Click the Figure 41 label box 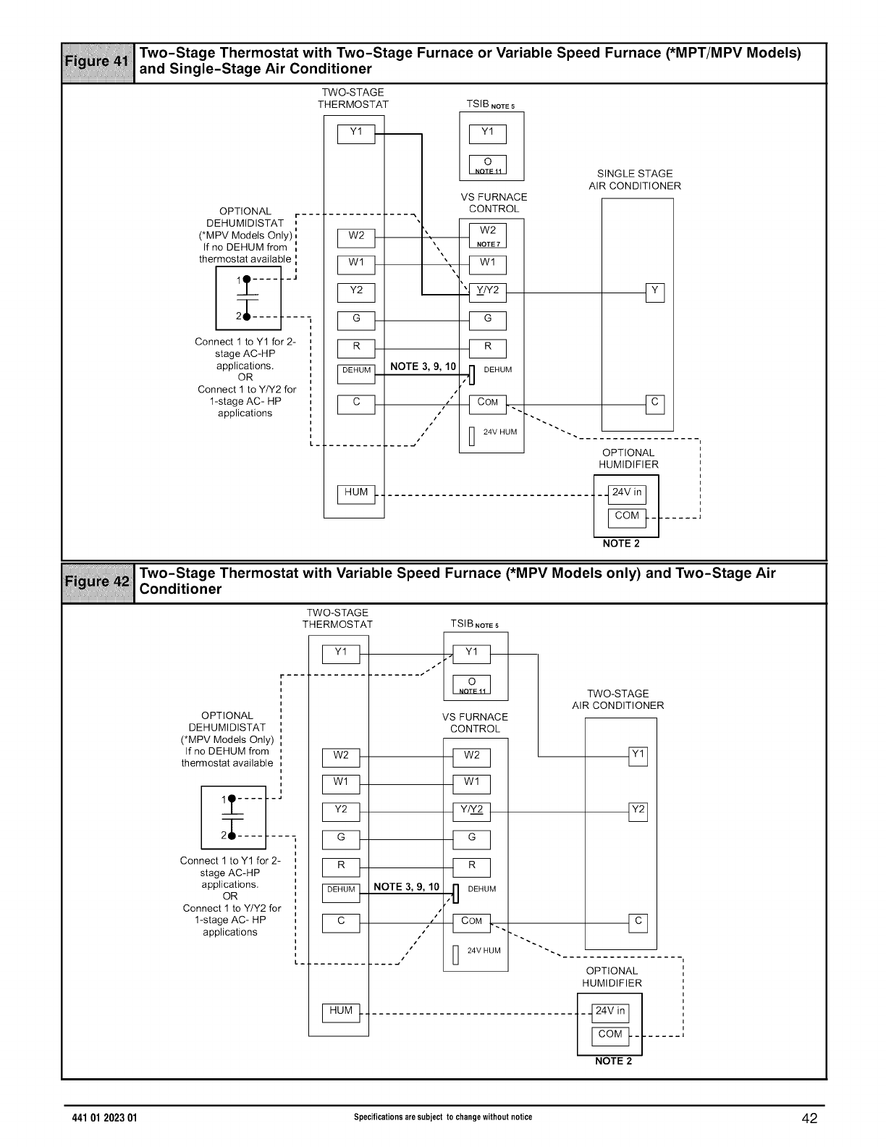click(x=98, y=62)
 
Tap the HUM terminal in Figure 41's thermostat click(x=356, y=493)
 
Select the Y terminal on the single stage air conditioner click(x=654, y=292)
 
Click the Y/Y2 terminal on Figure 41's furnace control click(x=487, y=292)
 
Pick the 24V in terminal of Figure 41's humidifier click(x=627, y=493)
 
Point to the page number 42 click(x=809, y=1119)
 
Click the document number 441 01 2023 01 click(x=101, y=1118)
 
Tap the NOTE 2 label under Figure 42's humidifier click(x=613, y=1062)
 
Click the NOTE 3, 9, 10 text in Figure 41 click(x=423, y=366)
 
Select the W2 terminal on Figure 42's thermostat click(x=341, y=757)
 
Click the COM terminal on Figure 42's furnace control click(x=471, y=923)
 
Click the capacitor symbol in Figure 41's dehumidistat click(x=246, y=298)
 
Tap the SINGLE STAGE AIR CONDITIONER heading click(x=635, y=180)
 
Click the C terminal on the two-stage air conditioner click(x=638, y=923)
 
